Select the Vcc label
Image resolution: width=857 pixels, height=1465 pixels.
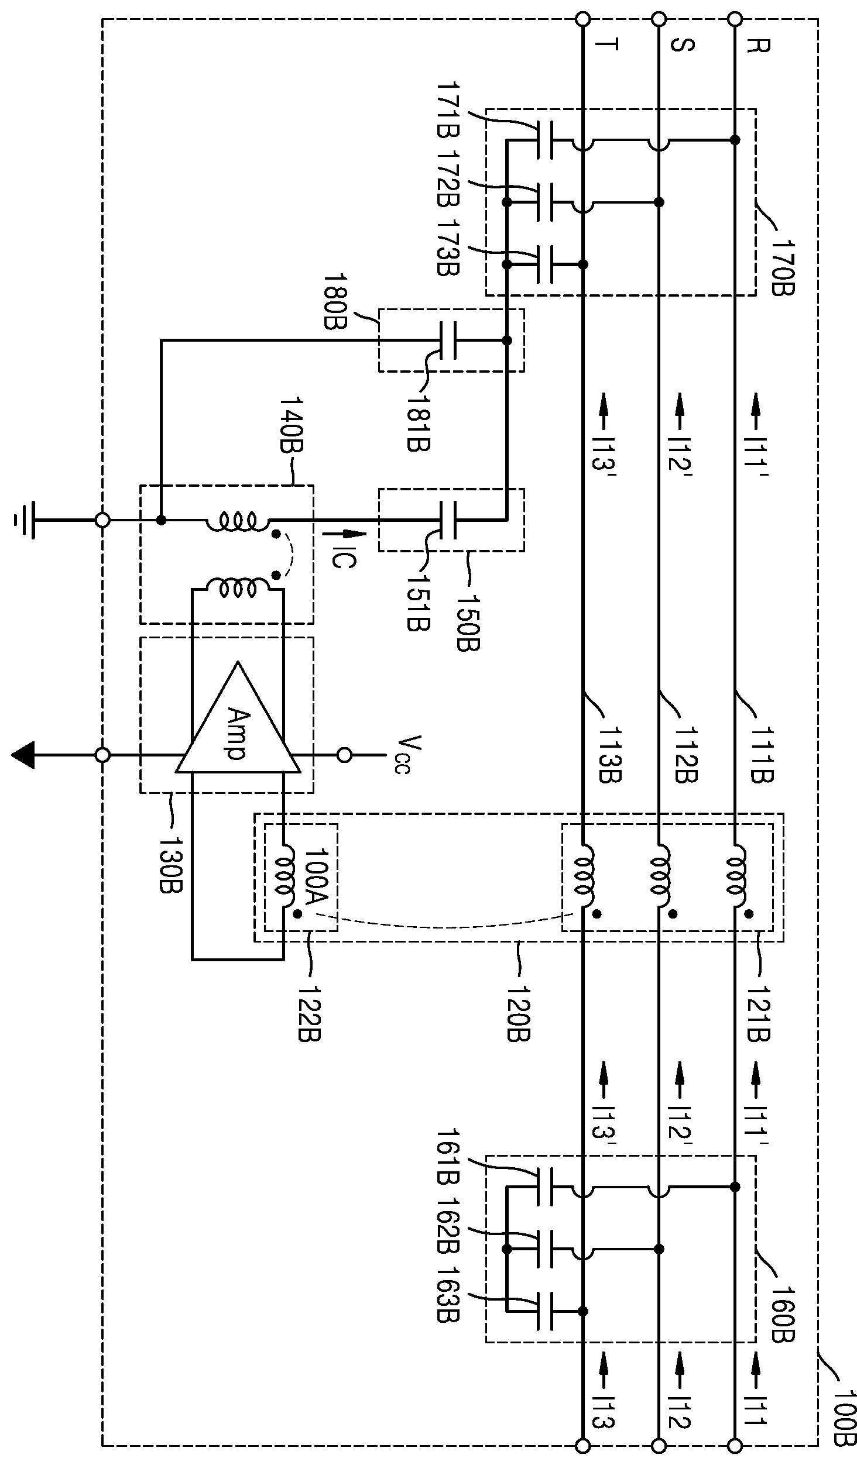coord(400,754)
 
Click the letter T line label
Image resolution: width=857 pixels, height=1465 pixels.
coord(606,46)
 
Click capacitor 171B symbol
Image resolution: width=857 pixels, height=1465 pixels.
coord(544,140)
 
